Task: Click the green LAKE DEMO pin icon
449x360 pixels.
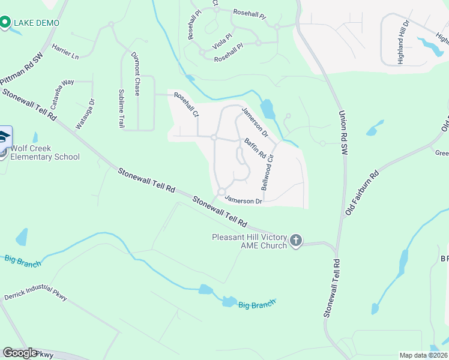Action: point(5,23)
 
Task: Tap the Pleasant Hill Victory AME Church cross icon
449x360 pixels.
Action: point(295,241)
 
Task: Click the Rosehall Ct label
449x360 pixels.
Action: point(186,104)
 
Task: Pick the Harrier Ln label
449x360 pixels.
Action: point(65,52)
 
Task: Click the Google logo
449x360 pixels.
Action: point(20,353)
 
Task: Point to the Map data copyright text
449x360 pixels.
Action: point(423,355)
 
